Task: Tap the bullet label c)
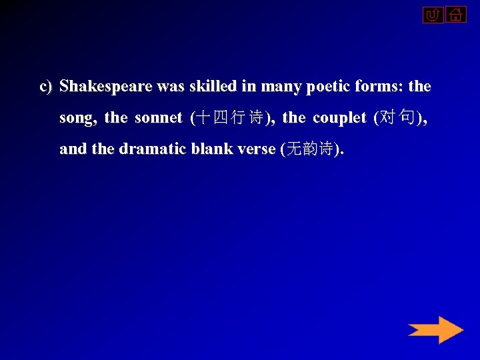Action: click(x=46, y=87)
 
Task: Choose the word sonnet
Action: click(x=158, y=118)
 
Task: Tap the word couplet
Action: click(x=339, y=118)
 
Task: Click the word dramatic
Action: click(x=153, y=149)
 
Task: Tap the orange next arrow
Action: click(x=435, y=330)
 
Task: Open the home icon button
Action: click(x=456, y=14)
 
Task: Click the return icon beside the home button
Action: click(x=433, y=14)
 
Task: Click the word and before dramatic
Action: click(x=73, y=149)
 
